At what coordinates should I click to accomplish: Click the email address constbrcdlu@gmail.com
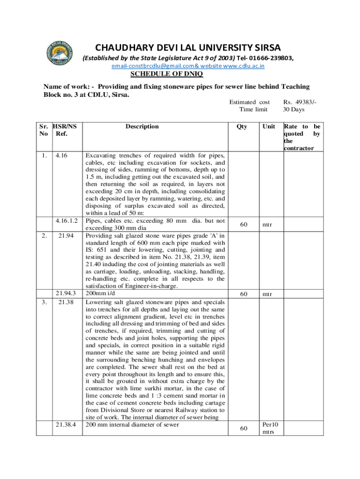coord(152,66)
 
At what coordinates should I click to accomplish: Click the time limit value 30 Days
coord(294,109)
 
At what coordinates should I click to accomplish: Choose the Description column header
coord(142,126)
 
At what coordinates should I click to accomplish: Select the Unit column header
coord(269,126)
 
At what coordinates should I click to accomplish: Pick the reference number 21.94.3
coord(67,293)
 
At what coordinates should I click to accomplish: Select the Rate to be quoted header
coord(302,137)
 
